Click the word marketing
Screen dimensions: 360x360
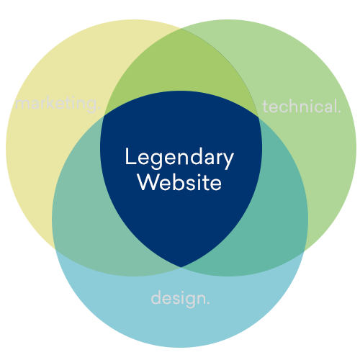(x=58, y=104)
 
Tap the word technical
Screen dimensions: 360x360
(x=302, y=106)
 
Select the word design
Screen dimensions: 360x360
(x=181, y=298)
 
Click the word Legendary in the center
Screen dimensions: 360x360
(x=179, y=158)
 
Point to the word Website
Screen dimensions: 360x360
(x=179, y=182)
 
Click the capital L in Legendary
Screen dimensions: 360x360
(x=130, y=156)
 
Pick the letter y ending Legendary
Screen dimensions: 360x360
(x=228, y=161)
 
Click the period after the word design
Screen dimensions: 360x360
(x=208, y=303)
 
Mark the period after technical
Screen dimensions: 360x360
(x=339, y=111)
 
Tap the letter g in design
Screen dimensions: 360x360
(x=191, y=301)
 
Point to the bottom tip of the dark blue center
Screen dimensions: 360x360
(x=181, y=267)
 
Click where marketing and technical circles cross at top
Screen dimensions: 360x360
(x=181, y=29)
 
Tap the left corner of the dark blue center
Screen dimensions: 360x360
(x=104, y=117)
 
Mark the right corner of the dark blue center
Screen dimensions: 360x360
(x=258, y=117)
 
